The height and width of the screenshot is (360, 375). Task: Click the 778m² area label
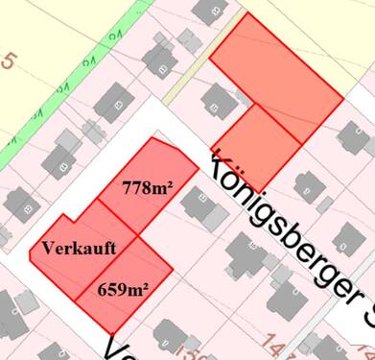(x=147, y=188)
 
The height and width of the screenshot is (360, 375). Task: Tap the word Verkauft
(x=80, y=248)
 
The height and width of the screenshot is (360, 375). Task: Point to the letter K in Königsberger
(x=220, y=164)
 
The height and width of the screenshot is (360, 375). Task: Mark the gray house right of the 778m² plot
(x=202, y=206)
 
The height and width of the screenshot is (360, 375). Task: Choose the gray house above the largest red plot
(x=208, y=11)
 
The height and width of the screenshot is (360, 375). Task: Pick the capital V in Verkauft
(x=48, y=248)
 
